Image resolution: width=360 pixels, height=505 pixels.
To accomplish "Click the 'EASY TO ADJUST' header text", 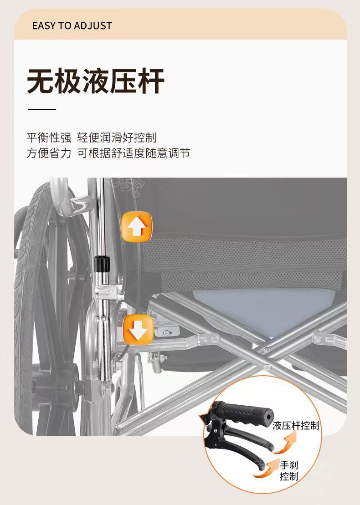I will [72, 26].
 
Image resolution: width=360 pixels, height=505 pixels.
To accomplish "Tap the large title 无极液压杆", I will [95, 82].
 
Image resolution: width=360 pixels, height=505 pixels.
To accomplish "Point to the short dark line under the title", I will [42, 109].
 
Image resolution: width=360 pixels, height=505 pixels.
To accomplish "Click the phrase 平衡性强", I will [49, 138].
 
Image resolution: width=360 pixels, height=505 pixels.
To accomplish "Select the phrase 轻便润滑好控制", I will [117, 138].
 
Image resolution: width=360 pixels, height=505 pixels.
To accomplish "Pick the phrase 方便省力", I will [49, 153].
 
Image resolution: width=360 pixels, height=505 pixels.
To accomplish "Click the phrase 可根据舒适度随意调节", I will [134, 153].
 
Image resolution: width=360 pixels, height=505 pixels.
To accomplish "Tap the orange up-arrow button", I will [136, 226].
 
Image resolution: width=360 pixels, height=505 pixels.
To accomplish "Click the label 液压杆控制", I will [296, 426].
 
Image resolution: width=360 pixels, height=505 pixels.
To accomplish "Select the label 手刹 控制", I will [289, 471].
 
